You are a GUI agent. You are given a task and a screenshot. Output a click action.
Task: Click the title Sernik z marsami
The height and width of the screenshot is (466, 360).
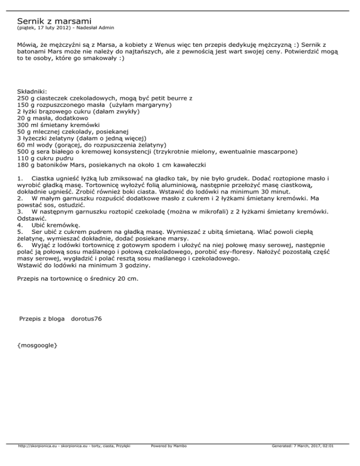point(54,21)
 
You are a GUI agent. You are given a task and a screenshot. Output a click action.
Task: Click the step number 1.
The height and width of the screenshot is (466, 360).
point(19,179)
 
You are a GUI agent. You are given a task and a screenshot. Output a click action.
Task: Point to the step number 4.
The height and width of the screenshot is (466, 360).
point(19,225)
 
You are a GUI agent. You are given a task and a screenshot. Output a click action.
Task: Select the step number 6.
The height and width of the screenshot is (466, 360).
point(19,244)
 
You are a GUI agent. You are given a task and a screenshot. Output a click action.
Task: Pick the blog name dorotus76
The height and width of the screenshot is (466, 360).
point(86,319)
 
